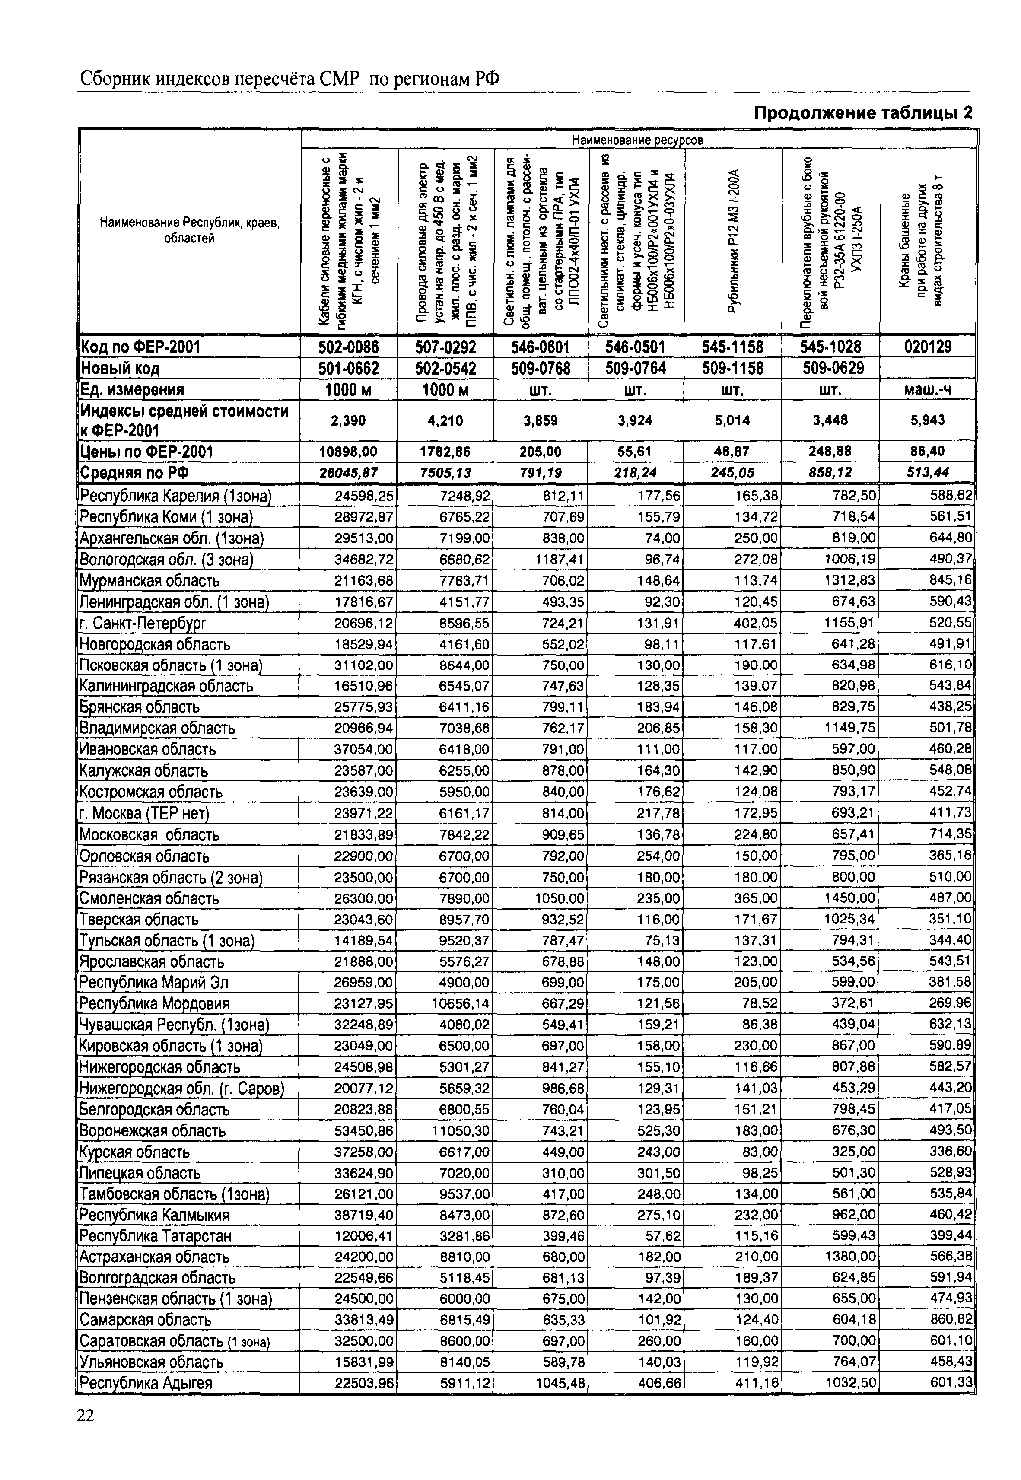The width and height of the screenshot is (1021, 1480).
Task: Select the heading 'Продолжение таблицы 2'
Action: (x=863, y=113)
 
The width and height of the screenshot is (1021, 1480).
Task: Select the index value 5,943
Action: (x=928, y=420)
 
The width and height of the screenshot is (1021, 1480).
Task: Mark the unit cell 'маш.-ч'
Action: (x=928, y=389)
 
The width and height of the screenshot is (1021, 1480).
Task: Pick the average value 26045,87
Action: (x=349, y=473)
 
